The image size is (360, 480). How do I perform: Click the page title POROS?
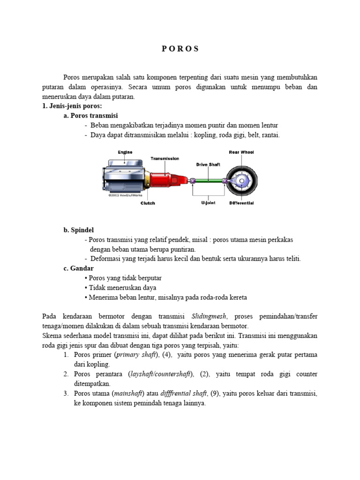180,49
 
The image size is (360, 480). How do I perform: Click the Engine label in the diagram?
125,152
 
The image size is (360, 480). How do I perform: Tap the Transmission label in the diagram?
165,158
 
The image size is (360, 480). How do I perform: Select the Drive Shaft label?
208,165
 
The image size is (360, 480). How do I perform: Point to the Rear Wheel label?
241,152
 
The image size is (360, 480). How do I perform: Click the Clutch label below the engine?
148,203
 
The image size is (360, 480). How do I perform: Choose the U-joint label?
209,203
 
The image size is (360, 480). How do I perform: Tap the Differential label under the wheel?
241,203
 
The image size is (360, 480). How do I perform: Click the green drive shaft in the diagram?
209,181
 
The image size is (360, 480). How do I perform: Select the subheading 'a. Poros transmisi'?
91,115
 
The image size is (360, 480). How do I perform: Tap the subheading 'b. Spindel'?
78,230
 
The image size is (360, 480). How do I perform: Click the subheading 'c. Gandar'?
78,268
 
